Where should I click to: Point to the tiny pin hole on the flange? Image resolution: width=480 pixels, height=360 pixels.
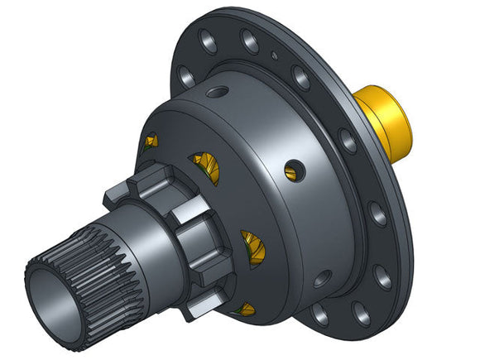[x=274, y=56]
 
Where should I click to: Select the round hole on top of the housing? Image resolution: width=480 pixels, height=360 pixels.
[x=216, y=92]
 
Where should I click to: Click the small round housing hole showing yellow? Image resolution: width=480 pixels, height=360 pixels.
[x=291, y=171]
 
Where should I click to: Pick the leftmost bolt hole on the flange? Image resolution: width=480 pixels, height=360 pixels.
[x=188, y=77]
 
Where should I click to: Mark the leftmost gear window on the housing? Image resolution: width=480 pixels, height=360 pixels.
[x=150, y=142]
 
